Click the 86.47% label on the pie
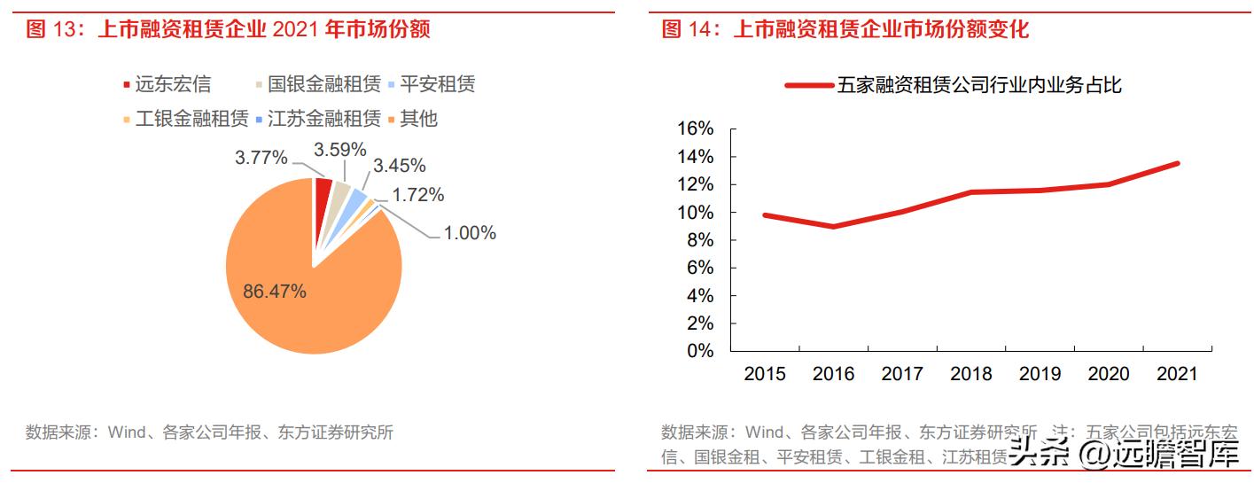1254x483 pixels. click(x=274, y=291)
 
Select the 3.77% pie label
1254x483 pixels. click(x=261, y=158)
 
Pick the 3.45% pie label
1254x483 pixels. click(x=399, y=166)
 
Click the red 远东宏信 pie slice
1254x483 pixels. click(x=323, y=188)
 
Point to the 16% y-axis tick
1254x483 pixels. click(x=695, y=129)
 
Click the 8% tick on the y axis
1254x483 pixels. click(x=700, y=240)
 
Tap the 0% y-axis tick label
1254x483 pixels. click(x=700, y=351)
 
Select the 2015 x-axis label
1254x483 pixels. click(x=765, y=374)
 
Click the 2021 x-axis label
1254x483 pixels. click(x=1178, y=374)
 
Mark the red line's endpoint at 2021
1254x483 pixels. click(x=1178, y=163)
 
